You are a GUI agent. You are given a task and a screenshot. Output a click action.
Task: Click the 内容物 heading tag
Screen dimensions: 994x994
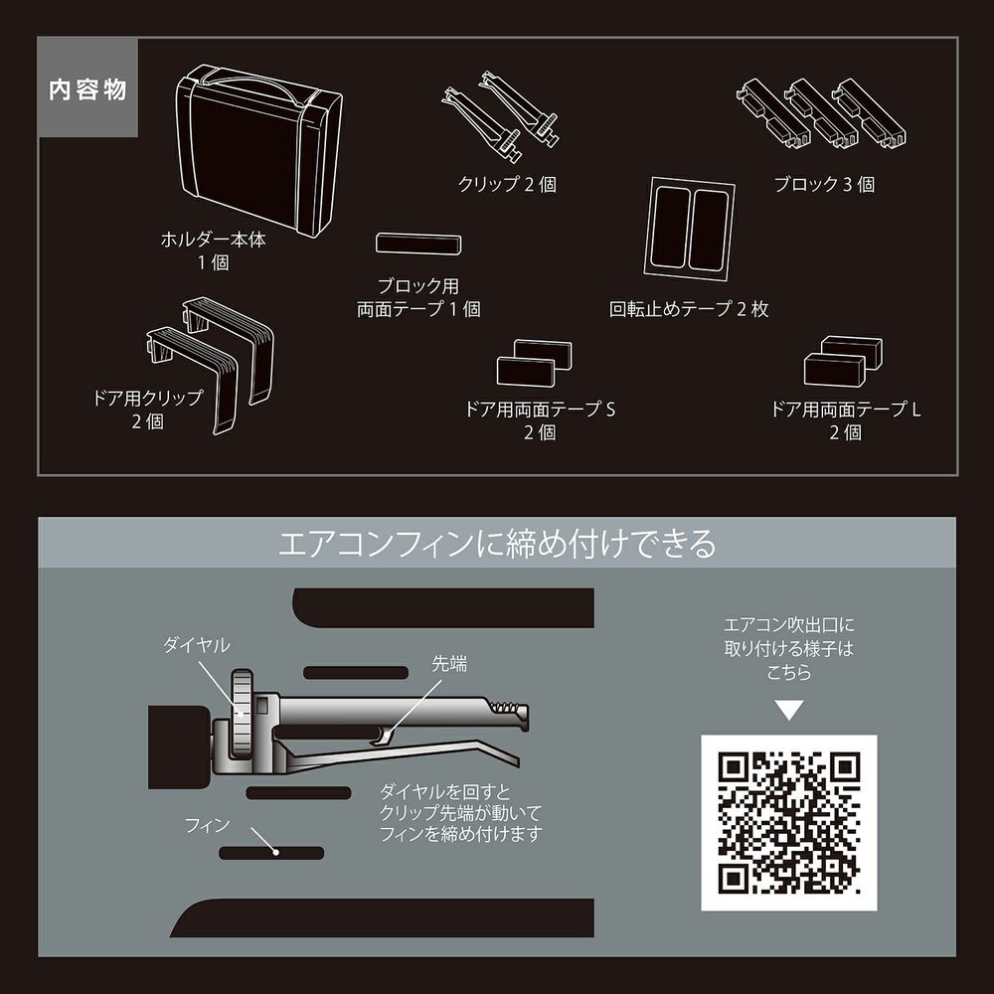point(87,90)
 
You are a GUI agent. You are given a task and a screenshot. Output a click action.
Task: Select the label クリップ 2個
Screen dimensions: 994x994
point(507,185)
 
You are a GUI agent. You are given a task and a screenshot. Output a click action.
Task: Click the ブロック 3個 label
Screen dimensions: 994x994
point(825,185)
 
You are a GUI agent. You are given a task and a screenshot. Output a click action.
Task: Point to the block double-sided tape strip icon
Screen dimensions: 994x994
point(417,245)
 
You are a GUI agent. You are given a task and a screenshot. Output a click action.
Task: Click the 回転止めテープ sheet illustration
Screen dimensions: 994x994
point(692,228)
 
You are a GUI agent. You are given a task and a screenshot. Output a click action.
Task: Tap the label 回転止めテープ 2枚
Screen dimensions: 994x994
point(689,309)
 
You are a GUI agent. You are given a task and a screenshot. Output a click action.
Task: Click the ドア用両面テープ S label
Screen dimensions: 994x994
point(541,418)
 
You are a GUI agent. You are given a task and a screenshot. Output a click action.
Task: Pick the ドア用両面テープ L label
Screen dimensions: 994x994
point(846,418)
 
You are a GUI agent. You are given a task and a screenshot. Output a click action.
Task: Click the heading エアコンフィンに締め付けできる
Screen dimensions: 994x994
point(496,545)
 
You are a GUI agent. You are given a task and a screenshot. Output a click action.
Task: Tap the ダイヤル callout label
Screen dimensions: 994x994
point(196,645)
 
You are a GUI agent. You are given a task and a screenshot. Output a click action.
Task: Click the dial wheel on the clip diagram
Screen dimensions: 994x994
point(242,713)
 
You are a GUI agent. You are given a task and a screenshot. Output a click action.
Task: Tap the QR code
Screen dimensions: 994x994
point(789,823)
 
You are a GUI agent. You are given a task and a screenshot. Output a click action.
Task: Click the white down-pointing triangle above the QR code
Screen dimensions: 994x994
point(789,711)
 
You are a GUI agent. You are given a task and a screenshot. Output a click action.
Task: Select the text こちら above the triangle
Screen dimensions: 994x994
point(789,673)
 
